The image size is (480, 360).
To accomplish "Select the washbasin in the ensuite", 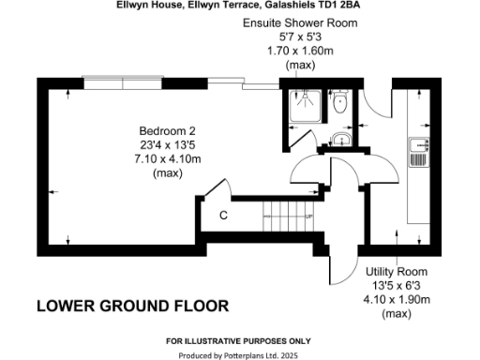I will click(341, 141).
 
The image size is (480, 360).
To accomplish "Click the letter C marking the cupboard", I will click(223, 216).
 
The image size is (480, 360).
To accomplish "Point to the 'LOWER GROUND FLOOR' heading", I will click(131, 307).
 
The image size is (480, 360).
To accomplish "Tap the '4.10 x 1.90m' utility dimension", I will click(397, 300).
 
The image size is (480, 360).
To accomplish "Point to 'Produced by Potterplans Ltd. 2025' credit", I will click(240, 356).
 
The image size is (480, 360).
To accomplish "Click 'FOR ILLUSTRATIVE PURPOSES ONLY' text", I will click(240, 340).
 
